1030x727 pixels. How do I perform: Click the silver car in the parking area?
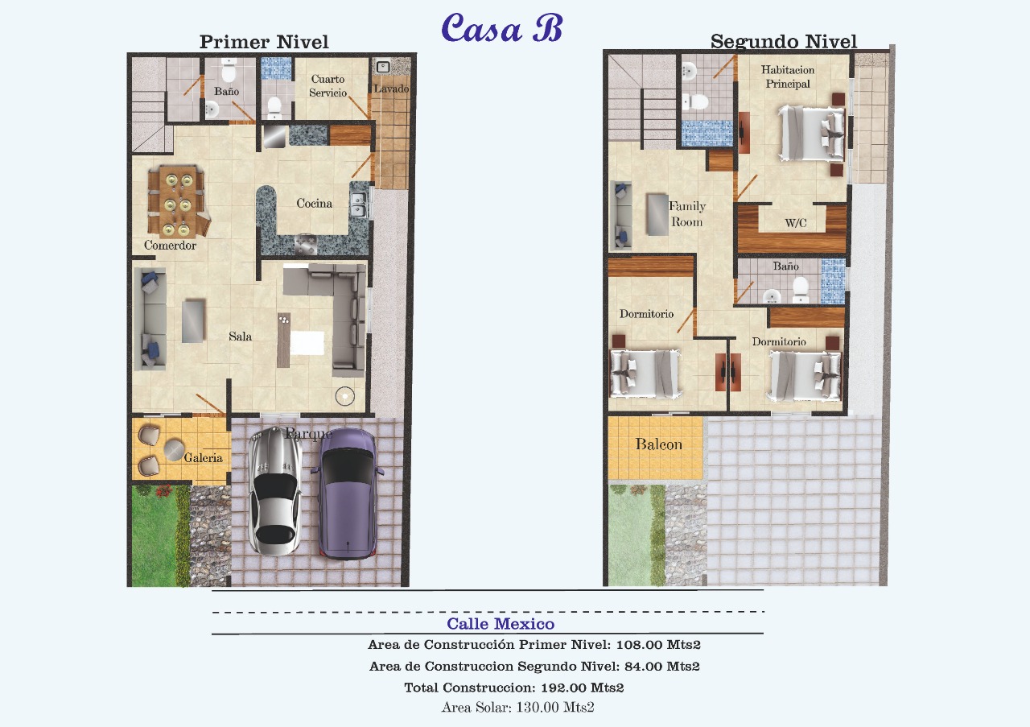[274, 491]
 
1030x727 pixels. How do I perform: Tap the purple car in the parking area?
[348, 494]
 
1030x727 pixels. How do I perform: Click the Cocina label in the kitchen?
[314, 204]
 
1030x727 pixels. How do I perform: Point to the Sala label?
[240, 337]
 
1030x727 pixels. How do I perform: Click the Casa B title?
[501, 27]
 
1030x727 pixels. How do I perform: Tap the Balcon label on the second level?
[658, 444]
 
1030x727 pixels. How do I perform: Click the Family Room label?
[687, 214]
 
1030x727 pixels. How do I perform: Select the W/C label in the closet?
[796, 223]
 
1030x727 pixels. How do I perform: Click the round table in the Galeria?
[175, 450]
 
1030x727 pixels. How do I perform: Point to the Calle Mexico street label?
[501, 624]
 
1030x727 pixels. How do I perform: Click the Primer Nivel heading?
[264, 42]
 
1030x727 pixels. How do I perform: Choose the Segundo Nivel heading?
[784, 41]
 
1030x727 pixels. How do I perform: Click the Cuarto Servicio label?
[328, 86]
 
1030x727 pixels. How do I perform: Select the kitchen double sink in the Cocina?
[360, 204]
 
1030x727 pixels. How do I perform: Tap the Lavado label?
[391, 89]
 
